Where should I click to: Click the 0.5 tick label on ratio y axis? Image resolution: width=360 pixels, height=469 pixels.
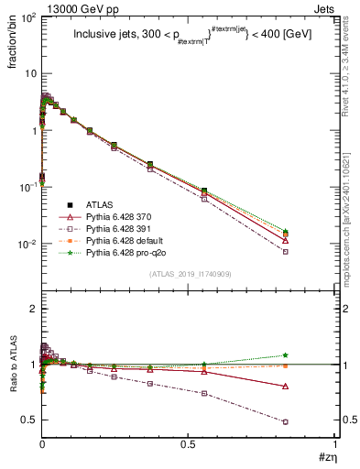28,420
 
